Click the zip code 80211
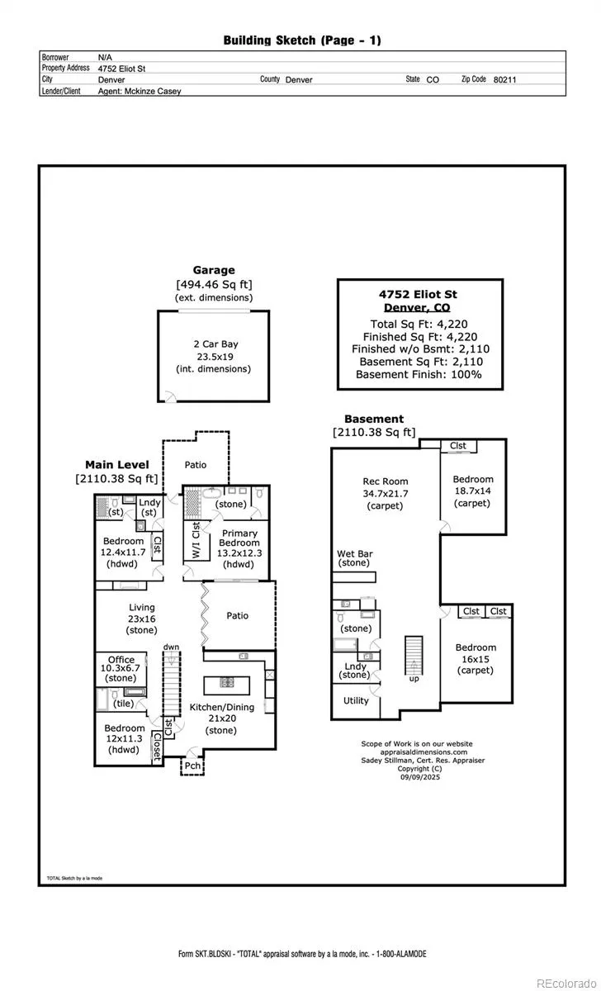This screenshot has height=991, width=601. coord(504,79)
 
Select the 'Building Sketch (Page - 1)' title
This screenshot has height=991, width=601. coord(302,40)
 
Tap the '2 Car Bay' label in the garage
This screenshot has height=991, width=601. coord(215,344)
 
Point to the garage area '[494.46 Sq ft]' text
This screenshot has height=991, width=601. coord(214,284)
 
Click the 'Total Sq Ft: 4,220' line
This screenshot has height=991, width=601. coord(419,325)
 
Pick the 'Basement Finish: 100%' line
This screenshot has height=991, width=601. coord(419,374)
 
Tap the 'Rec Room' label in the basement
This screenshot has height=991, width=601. coord(386,481)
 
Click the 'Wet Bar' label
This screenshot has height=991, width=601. coord(355,553)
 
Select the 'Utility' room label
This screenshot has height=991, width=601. coord(356,700)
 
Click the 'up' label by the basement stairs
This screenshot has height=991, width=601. coord(414,679)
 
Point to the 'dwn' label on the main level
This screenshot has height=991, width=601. coord(171,647)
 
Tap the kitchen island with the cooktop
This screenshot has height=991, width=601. coord(226,685)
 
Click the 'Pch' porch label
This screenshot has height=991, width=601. coord(192,766)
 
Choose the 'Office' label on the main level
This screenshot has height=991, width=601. coord(121,660)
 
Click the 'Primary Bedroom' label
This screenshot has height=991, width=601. coord(239,538)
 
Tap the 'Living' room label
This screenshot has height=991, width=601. coord(142,608)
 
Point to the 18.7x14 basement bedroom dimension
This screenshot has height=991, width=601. coord(473,491)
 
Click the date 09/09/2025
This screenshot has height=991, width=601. coord(420,777)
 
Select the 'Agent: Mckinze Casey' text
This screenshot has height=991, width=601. coord(140,91)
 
